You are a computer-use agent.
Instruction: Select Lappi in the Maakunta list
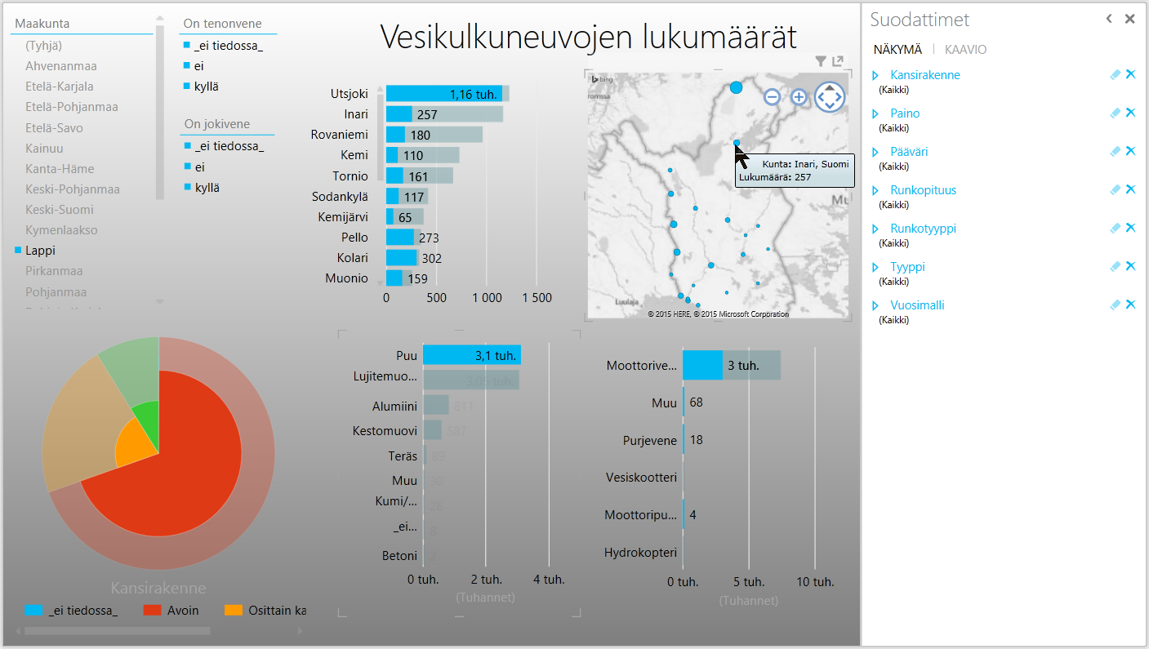point(40,251)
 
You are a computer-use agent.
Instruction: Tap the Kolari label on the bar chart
point(352,258)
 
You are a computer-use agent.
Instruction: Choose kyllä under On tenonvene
point(207,87)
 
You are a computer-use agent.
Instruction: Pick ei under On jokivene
point(199,167)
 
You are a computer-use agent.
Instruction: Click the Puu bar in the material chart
point(471,355)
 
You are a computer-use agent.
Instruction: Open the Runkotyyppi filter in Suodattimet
point(923,229)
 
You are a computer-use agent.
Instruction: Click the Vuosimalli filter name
point(917,305)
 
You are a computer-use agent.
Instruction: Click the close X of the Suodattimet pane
point(1129,19)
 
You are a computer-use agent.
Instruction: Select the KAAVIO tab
point(965,50)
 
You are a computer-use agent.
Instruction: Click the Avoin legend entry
point(183,610)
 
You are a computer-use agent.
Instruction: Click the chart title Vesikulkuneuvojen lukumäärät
point(588,37)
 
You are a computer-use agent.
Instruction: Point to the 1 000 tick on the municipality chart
point(487,298)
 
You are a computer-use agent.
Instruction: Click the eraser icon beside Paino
point(1115,113)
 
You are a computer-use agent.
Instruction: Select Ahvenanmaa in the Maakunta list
point(61,66)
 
